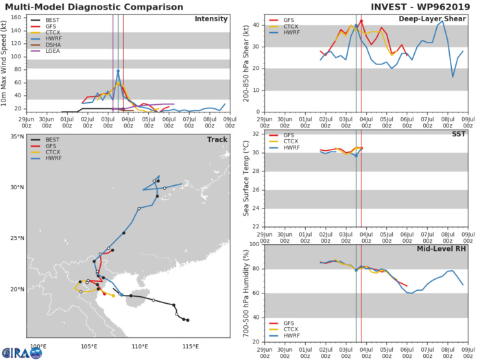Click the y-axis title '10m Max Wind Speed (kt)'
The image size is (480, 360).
6,63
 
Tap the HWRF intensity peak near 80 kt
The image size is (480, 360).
118,70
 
